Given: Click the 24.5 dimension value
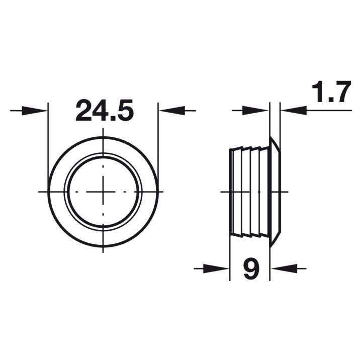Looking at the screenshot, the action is coord(105,110).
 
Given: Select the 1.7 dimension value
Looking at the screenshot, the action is coord(331,92).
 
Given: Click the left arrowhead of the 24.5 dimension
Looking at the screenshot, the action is coord(34,111).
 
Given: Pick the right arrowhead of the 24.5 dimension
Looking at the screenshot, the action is coord(172,111).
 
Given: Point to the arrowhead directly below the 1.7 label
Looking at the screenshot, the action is coord(294,111).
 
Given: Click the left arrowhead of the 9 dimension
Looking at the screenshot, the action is coord(216,268).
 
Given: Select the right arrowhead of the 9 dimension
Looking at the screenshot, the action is coord(284,268).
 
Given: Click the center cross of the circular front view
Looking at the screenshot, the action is coord(103,192).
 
